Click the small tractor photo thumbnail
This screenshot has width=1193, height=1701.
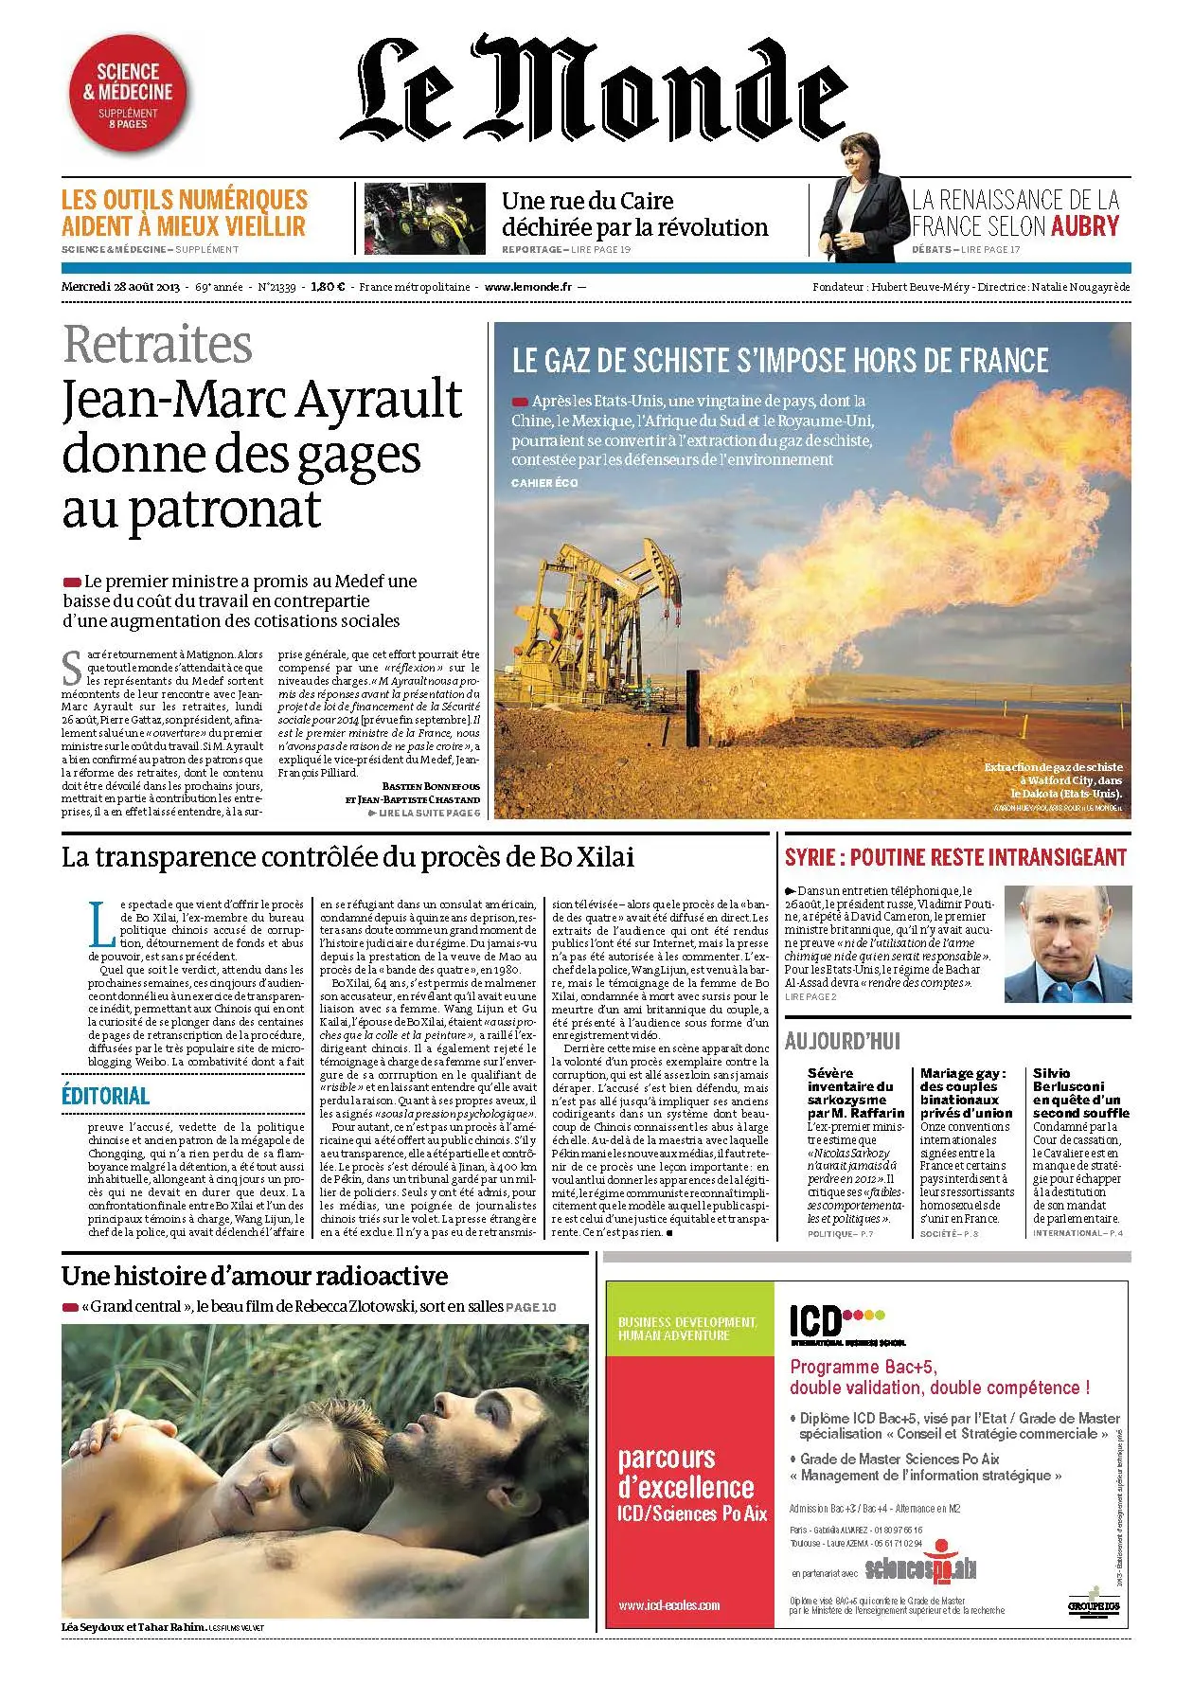pos(424,219)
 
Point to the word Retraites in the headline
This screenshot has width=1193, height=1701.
pos(158,344)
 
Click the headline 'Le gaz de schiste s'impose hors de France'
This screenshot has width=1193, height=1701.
pos(780,361)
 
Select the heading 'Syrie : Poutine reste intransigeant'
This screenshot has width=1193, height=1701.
pos(955,858)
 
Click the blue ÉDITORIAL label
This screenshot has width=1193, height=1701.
pos(105,1096)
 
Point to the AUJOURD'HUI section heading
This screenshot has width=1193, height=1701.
pos(842,1042)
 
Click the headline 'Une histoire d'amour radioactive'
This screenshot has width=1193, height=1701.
pos(255,1276)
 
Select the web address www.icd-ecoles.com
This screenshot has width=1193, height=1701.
pos(668,1604)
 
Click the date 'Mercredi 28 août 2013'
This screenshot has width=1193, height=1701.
pos(121,287)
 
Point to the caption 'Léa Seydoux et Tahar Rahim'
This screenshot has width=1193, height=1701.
pos(134,1627)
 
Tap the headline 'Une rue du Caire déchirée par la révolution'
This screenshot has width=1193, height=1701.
pos(634,214)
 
